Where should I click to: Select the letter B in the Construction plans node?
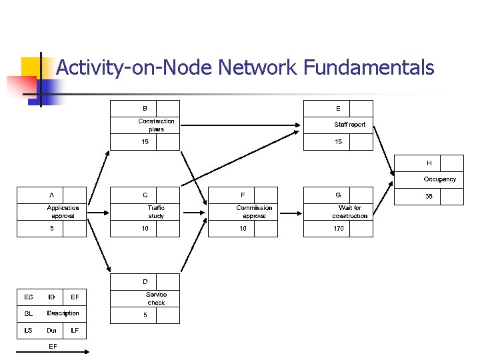click(x=145, y=109)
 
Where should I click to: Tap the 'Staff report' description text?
click(x=349, y=125)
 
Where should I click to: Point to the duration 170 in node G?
click(x=338, y=229)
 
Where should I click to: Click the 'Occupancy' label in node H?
click(x=439, y=179)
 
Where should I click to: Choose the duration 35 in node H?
click(x=429, y=197)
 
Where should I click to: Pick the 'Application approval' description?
click(x=63, y=212)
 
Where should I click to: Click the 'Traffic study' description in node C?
click(x=156, y=212)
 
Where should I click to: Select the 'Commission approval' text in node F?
click(x=254, y=212)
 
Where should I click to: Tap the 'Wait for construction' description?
click(x=349, y=212)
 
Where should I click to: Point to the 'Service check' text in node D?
click(x=156, y=299)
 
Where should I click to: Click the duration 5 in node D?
click(x=145, y=315)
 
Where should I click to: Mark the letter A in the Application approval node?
click(x=51, y=195)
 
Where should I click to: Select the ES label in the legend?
click(x=28, y=297)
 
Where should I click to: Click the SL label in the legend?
click(x=28, y=313)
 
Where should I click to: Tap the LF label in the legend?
click(x=75, y=330)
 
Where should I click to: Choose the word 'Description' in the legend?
click(x=63, y=313)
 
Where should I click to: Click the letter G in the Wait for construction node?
click(x=338, y=195)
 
